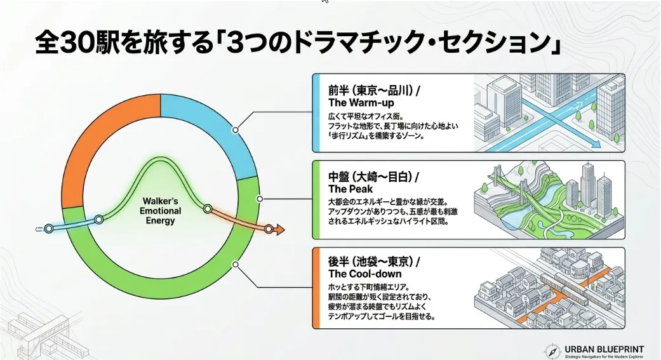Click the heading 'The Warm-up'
[361, 103]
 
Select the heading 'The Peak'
[351, 189]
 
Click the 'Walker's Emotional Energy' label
[160, 211]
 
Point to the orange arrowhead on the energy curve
[279, 230]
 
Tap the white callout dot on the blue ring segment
[235, 130]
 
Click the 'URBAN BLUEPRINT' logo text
[604, 349]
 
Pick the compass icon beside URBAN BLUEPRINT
[552, 351]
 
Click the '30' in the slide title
[76, 43]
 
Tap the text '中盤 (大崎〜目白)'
[370, 177]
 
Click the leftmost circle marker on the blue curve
[49, 229]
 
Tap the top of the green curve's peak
[161, 159]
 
